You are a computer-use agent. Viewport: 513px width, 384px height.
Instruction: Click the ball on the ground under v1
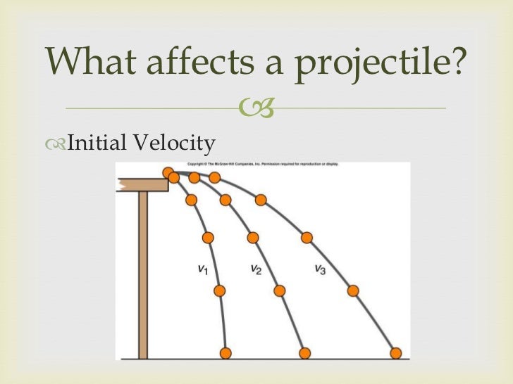226,352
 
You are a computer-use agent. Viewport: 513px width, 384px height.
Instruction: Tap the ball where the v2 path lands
304,352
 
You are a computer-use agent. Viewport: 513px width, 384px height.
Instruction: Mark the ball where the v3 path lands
396,352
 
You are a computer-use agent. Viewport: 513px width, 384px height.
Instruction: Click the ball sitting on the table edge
168,172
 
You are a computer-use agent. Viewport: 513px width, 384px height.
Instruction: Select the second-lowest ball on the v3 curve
353,290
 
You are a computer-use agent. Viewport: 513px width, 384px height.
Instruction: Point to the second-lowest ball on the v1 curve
219,290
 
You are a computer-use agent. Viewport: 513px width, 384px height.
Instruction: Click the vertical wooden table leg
143,274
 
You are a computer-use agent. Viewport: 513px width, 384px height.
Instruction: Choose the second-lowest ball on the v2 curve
280,290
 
